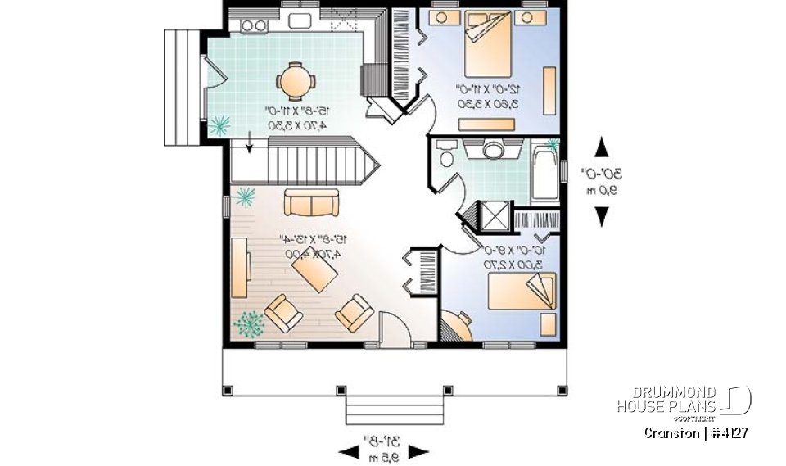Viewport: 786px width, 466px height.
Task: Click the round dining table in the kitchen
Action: (x=294, y=81)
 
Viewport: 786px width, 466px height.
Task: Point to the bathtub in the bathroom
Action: (x=543, y=173)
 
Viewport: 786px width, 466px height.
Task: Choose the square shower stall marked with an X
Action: (x=494, y=215)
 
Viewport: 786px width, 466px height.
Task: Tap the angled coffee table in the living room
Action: (x=312, y=271)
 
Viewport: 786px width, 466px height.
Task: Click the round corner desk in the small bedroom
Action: (x=456, y=326)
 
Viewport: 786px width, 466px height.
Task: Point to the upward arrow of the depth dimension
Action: (x=602, y=148)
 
